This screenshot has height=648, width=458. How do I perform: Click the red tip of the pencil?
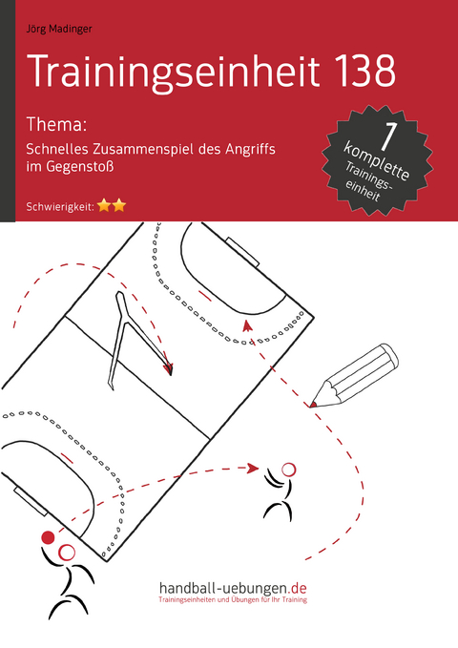pos(313,405)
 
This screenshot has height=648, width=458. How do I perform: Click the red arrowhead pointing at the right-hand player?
pos(253,468)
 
